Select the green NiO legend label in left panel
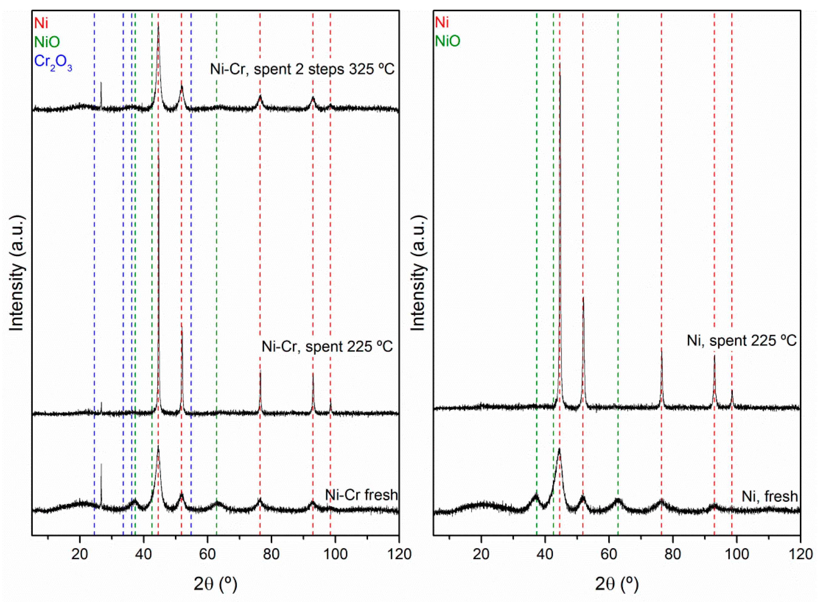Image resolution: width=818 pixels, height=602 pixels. [x=47, y=42]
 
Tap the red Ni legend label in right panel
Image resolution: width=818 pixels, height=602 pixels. [x=442, y=23]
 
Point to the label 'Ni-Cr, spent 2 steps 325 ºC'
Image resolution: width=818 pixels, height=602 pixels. [x=302, y=69]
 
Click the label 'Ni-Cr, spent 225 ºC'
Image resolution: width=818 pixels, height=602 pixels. [x=327, y=346]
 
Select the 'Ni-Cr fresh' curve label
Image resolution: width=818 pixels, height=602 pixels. [x=361, y=495]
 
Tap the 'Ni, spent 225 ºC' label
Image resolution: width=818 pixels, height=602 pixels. [x=742, y=340]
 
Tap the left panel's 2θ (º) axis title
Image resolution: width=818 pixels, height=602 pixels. [x=216, y=584]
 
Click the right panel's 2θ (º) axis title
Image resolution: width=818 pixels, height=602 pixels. [x=617, y=584]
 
